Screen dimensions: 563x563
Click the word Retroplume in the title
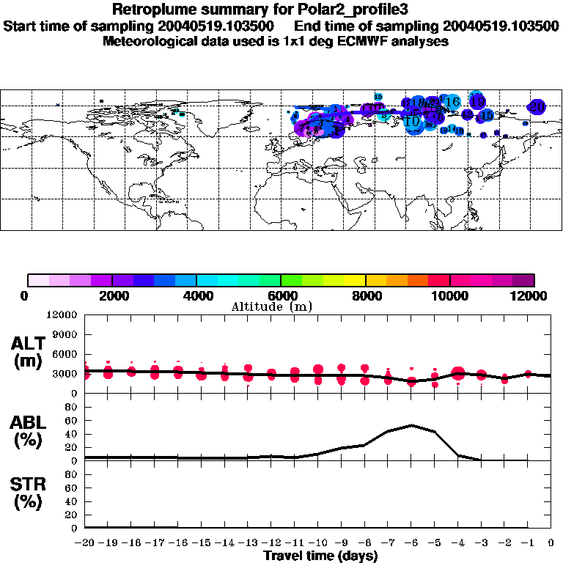147,10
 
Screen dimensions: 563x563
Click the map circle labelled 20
537,107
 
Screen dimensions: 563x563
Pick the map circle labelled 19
478,102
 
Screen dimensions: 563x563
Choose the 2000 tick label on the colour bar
111,295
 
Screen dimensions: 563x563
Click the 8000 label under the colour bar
365,295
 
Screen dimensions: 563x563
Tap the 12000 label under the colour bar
533,295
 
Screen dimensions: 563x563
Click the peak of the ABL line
412,425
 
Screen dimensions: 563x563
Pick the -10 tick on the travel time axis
316,543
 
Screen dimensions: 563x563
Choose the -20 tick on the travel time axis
85,543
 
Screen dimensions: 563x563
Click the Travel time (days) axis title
320,556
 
